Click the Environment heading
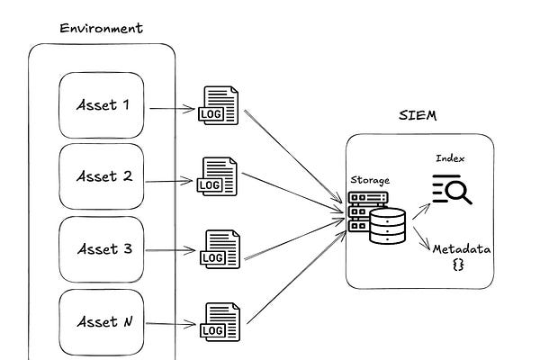pyautogui.click(x=101, y=27)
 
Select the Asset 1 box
pyautogui.click(x=103, y=105)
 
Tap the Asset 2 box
pyautogui.click(x=103, y=176)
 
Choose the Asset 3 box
pyautogui.click(x=103, y=249)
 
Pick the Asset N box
pyautogui.click(x=103, y=321)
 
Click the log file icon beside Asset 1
pyautogui.click(x=220, y=106)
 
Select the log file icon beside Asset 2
pyautogui.click(x=219, y=176)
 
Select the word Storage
pyautogui.click(x=369, y=180)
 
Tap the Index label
pyautogui.click(x=450, y=158)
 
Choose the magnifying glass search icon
pyautogui.click(x=453, y=190)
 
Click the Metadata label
pyautogui.click(x=461, y=248)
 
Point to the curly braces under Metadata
pyautogui.click(x=457, y=266)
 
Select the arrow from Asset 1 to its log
pyautogui.click(x=172, y=109)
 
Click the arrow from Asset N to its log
pyautogui.click(x=172, y=325)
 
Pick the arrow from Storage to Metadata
pyautogui.click(x=419, y=236)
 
